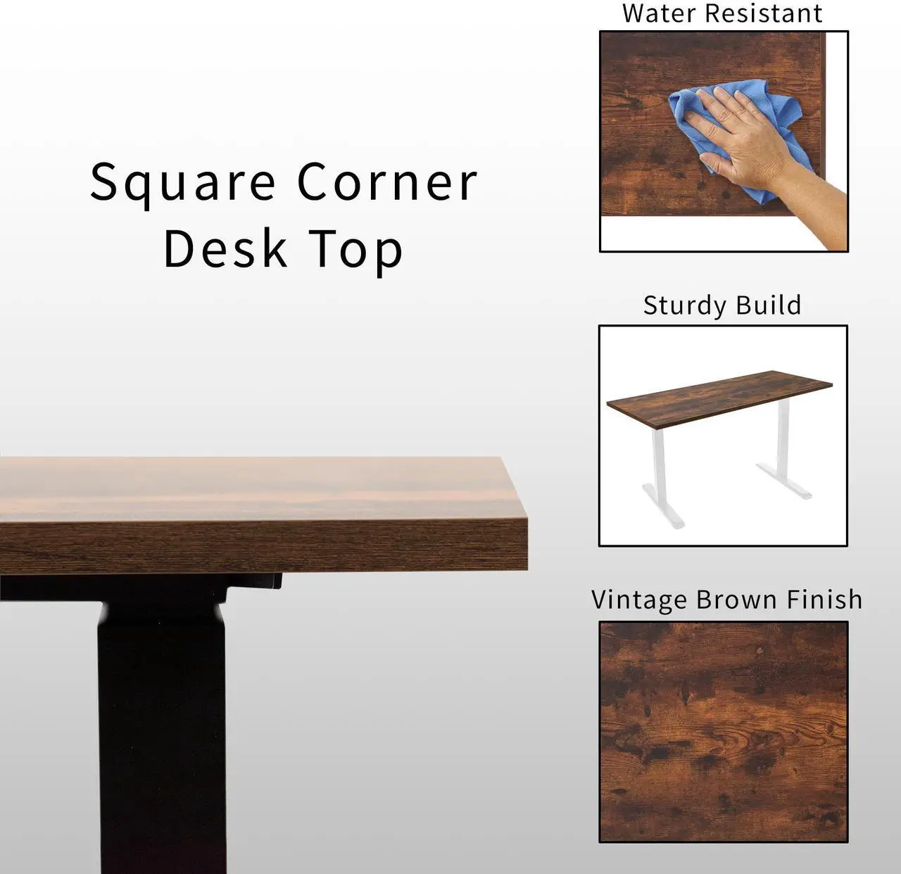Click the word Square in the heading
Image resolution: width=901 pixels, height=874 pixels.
point(182,183)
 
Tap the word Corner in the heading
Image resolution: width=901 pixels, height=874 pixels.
point(386,182)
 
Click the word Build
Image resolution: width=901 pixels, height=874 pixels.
point(768,305)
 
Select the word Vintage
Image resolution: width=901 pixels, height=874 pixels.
point(639,600)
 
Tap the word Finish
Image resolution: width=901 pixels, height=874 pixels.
point(824,600)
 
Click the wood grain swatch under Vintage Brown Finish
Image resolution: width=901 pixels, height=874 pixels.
point(723,732)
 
